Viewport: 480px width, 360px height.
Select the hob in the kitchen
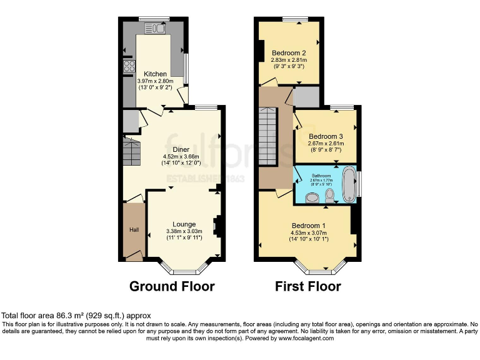tap(129, 66)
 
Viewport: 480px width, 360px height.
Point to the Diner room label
tap(181, 149)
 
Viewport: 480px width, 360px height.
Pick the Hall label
tap(134, 230)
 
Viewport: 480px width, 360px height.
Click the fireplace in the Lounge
tap(216, 226)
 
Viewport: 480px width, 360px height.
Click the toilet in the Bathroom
tap(330, 196)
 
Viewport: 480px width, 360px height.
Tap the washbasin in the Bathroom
tap(311, 198)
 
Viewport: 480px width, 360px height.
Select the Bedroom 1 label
tap(309, 226)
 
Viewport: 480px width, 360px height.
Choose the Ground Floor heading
tap(172, 286)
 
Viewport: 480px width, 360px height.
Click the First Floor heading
tap(308, 286)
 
